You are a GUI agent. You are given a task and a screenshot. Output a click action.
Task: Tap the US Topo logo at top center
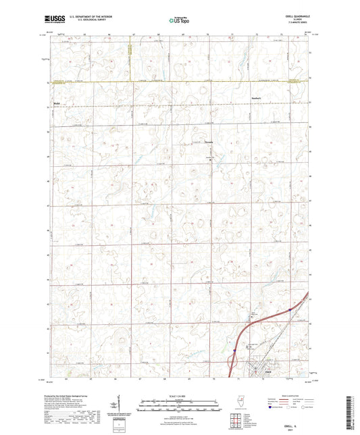pos(178,21)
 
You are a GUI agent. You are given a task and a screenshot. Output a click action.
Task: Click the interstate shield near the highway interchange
pos(234,351)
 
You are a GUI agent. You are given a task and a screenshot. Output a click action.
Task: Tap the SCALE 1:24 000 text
pos(180,394)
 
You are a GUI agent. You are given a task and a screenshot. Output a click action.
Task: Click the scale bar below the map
pos(180,405)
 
